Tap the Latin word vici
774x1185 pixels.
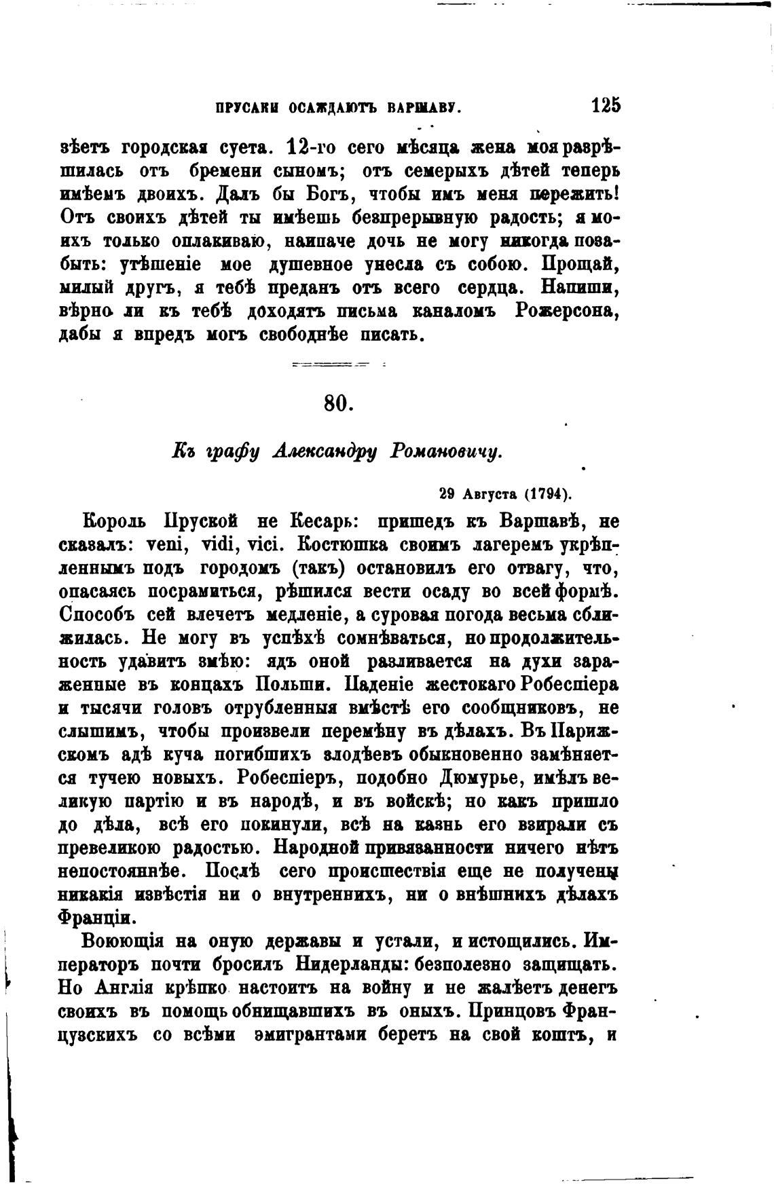268,544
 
